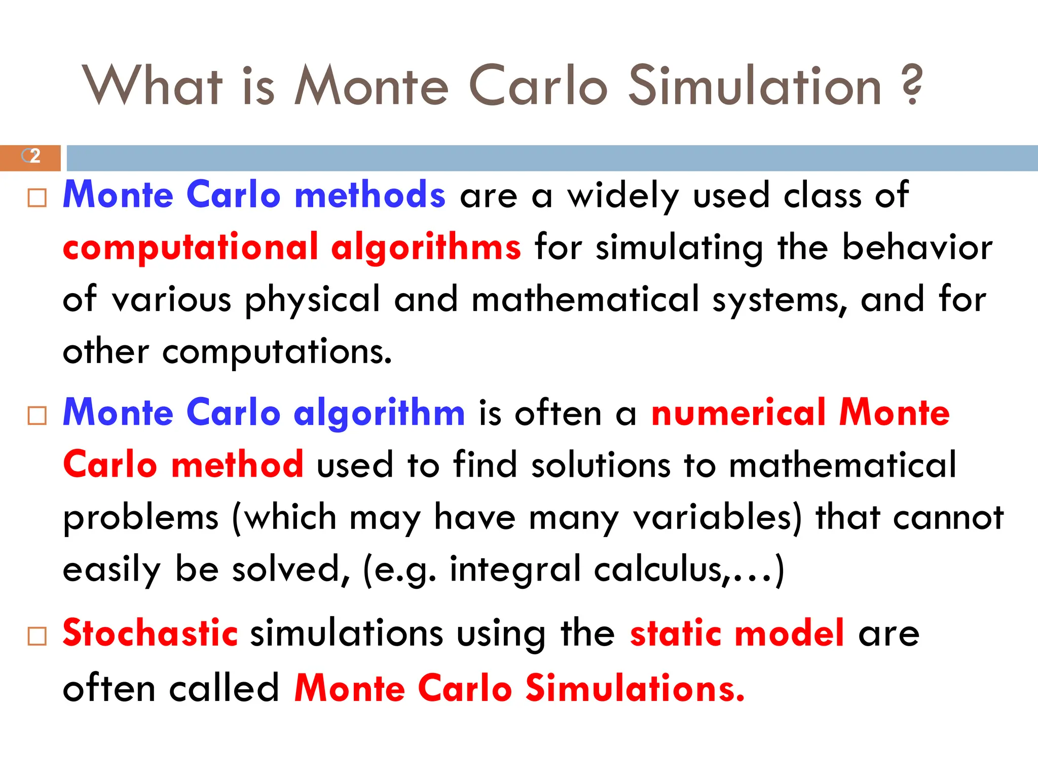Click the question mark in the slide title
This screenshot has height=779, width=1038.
(x=912, y=85)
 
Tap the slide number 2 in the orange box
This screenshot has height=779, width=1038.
(x=34, y=156)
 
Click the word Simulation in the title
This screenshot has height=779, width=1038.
(x=755, y=86)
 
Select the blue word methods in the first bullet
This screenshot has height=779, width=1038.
(x=370, y=195)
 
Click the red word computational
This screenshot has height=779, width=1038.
(x=191, y=248)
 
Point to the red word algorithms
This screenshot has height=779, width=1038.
(x=426, y=248)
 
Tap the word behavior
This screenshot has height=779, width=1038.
(x=917, y=248)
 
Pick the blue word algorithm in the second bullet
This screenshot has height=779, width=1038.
(x=379, y=413)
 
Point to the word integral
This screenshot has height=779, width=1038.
(x=515, y=570)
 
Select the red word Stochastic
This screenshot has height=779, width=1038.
(x=150, y=633)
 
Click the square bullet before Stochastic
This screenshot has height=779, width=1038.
(x=37, y=636)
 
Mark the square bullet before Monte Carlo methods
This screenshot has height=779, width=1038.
(x=37, y=198)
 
